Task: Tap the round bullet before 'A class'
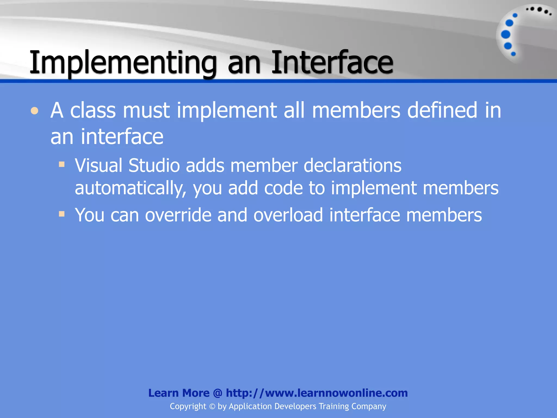click(x=35, y=111)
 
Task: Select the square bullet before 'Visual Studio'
click(x=62, y=164)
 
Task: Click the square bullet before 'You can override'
click(x=62, y=214)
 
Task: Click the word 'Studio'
click(x=154, y=165)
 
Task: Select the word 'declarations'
click(x=352, y=165)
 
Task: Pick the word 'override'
click(x=178, y=215)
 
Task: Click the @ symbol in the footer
click(x=218, y=393)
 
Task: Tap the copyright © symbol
click(x=212, y=407)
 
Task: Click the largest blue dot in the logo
click(x=506, y=35)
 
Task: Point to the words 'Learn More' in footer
click(x=179, y=393)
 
